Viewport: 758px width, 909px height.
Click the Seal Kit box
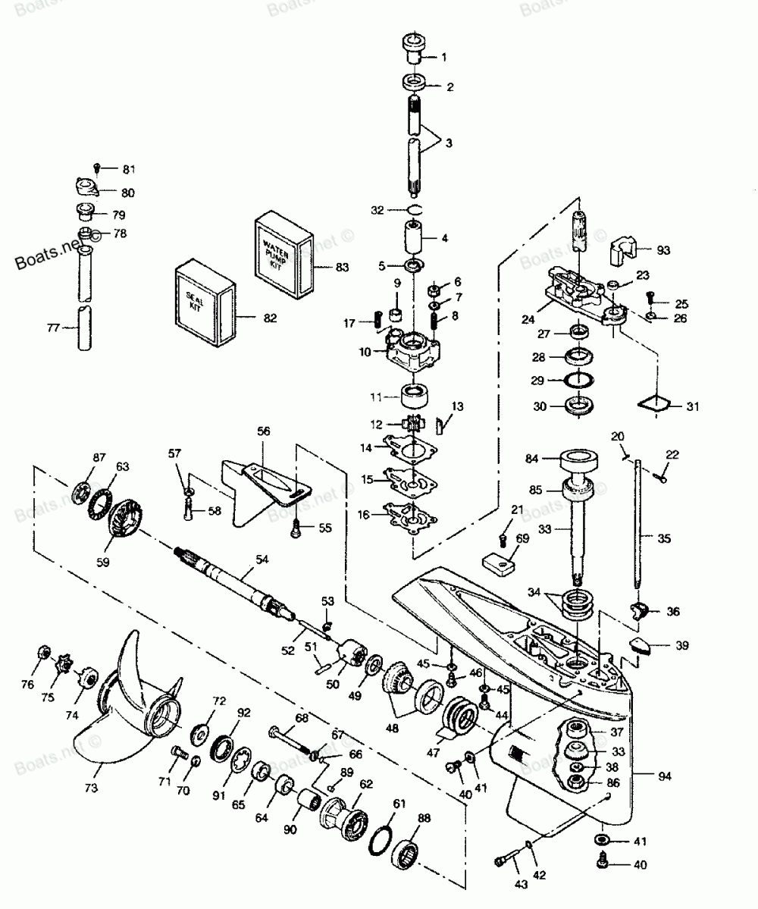[x=202, y=302]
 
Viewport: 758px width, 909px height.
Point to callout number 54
[x=262, y=559]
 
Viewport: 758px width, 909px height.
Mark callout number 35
[x=663, y=540]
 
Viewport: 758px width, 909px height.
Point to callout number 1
[x=443, y=57]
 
